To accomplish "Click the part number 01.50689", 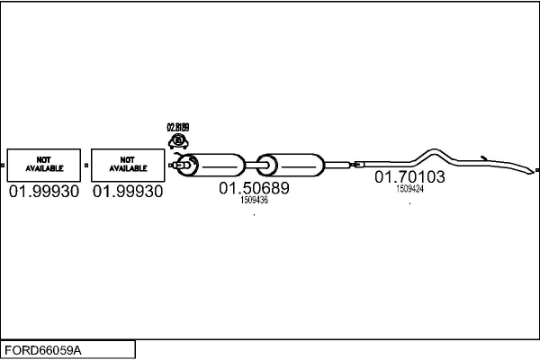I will [254, 189].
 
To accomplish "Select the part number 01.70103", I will [409, 177].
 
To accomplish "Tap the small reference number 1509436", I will [254, 201].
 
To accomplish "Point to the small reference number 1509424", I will [409, 189].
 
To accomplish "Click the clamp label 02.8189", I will [178, 128].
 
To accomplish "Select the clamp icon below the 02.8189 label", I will [178, 141].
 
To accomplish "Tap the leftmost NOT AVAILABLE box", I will [43, 165].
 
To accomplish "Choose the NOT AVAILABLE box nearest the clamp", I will [128, 165].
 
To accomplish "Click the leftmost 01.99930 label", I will [43, 192].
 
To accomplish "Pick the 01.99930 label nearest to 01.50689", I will [128, 192].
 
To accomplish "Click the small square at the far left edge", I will [3, 166].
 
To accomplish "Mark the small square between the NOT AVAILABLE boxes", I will [85, 166].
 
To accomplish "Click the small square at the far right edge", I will [536, 168].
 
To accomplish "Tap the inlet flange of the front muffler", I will [186, 165].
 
